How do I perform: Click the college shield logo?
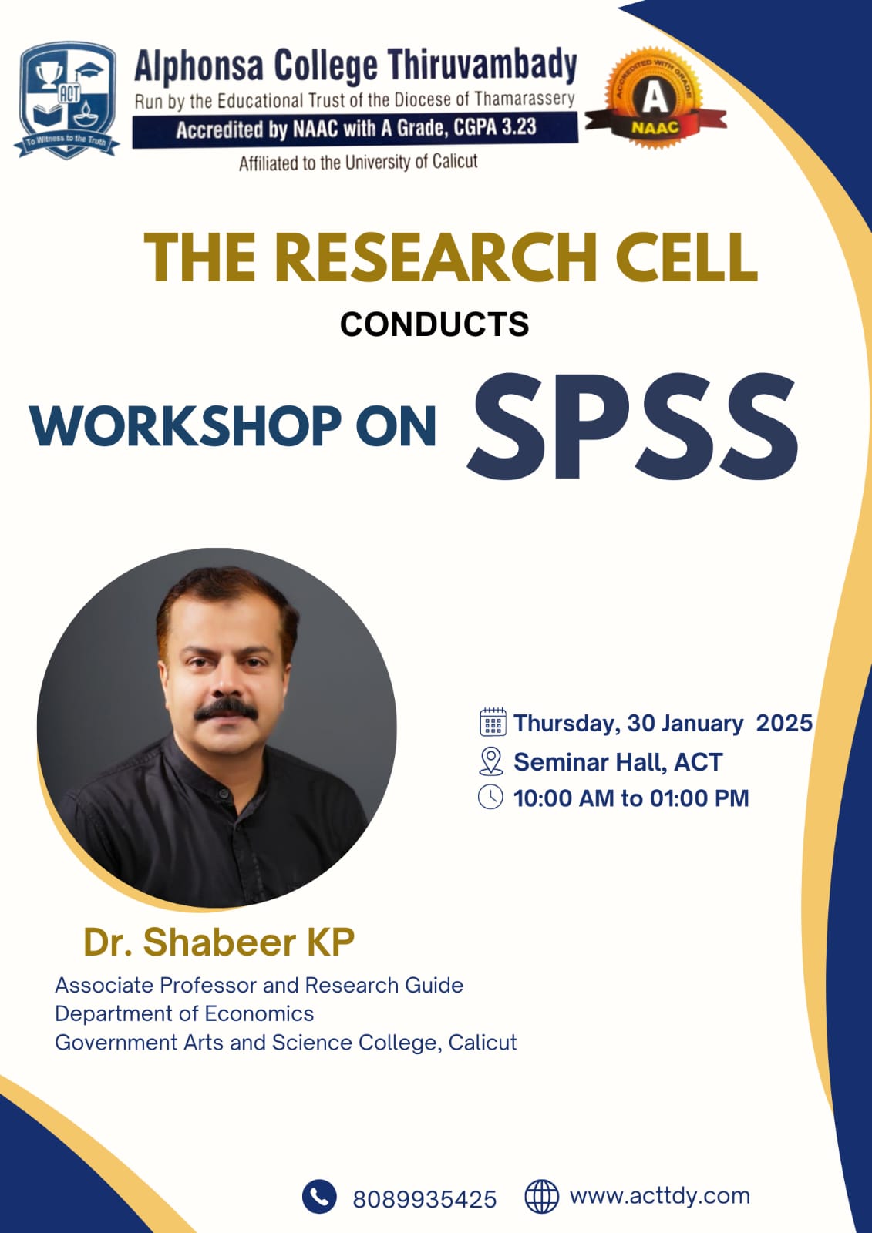pyautogui.click(x=66, y=100)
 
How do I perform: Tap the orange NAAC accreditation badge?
pyautogui.click(x=655, y=99)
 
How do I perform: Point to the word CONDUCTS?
pyautogui.click(x=435, y=324)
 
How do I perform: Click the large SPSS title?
pyautogui.click(x=632, y=426)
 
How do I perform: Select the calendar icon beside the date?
pyautogui.click(x=493, y=721)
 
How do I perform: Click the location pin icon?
pyautogui.click(x=491, y=761)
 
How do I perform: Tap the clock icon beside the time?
pyautogui.click(x=490, y=797)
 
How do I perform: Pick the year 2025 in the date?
pyautogui.click(x=784, y=723)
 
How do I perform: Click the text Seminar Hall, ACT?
pyautogui.click(x=618, y=762)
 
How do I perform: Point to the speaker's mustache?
pyautogui.click(x=226, y=708)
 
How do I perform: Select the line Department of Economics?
pyautogui.click(x=184, y=1013)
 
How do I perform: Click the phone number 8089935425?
pyautogui.click(x=425, y=1199)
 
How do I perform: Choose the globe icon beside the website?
pyautogui.click(x=541, y=1196)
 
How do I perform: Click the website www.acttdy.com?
pyautogui.click(x=659, y=1196)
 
